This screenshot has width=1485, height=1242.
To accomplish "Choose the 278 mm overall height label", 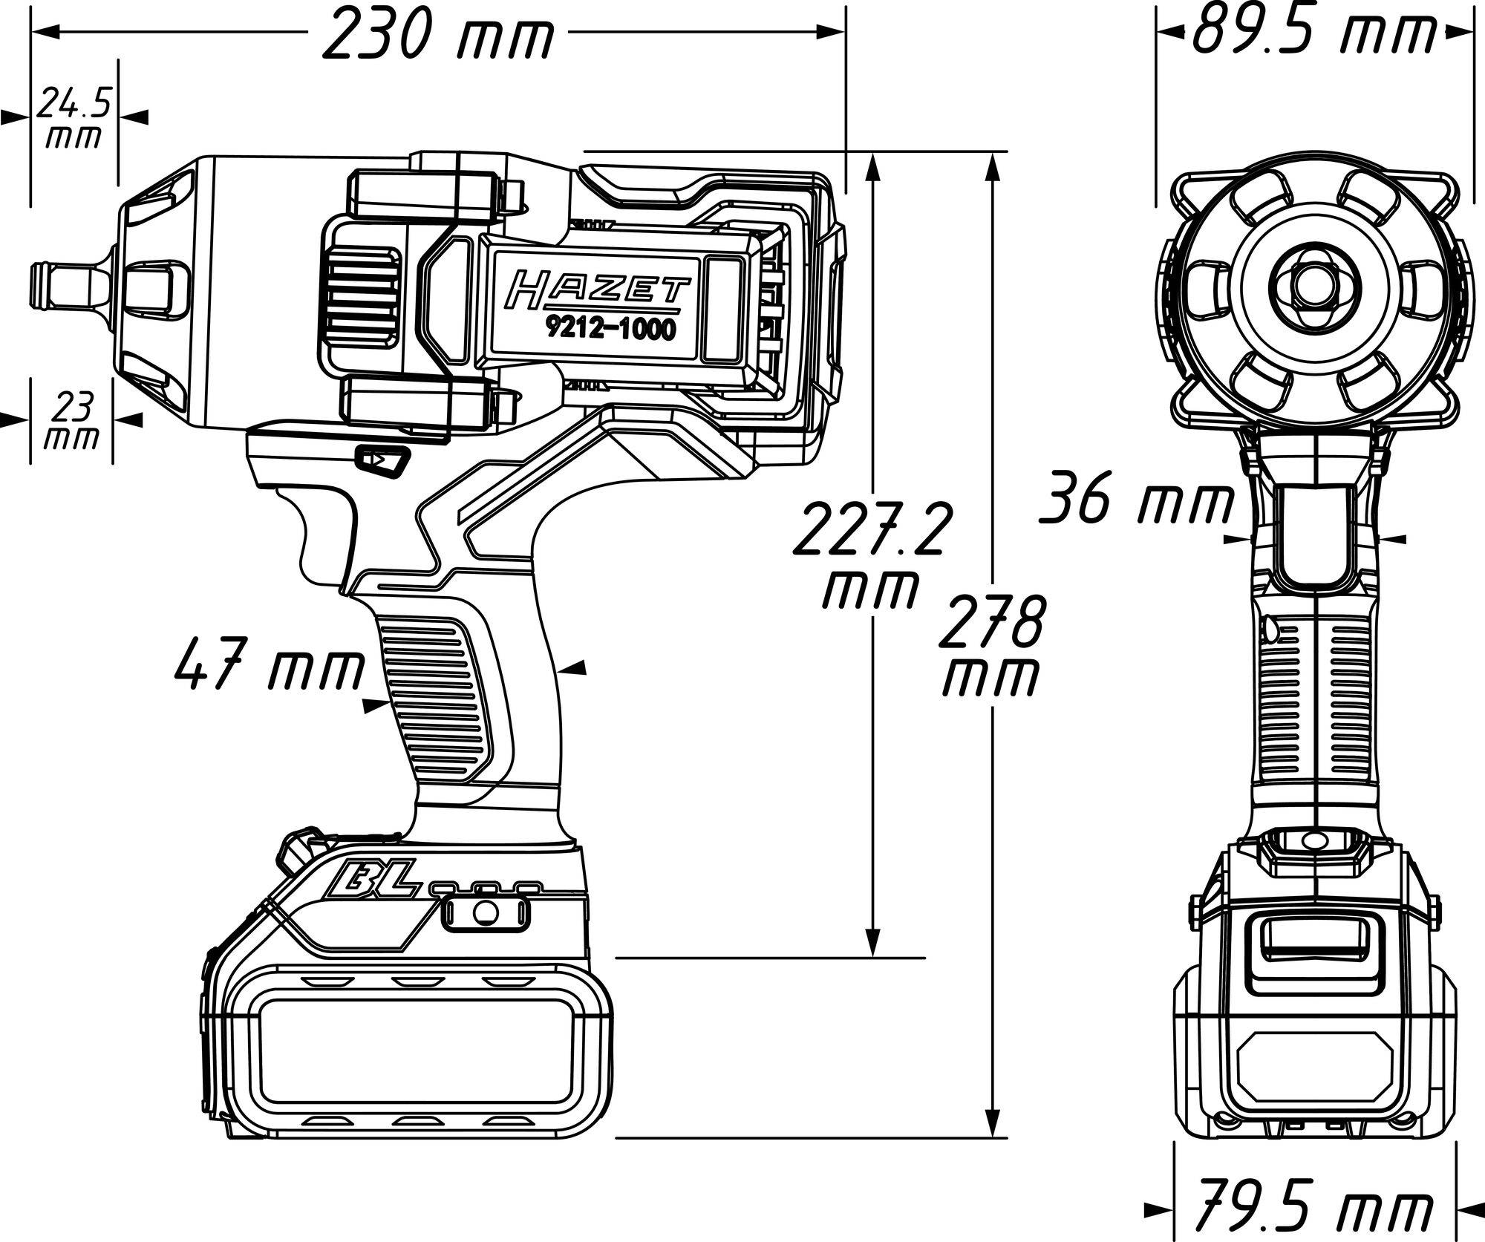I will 990,646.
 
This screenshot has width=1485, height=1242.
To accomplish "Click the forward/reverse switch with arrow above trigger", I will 382,460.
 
